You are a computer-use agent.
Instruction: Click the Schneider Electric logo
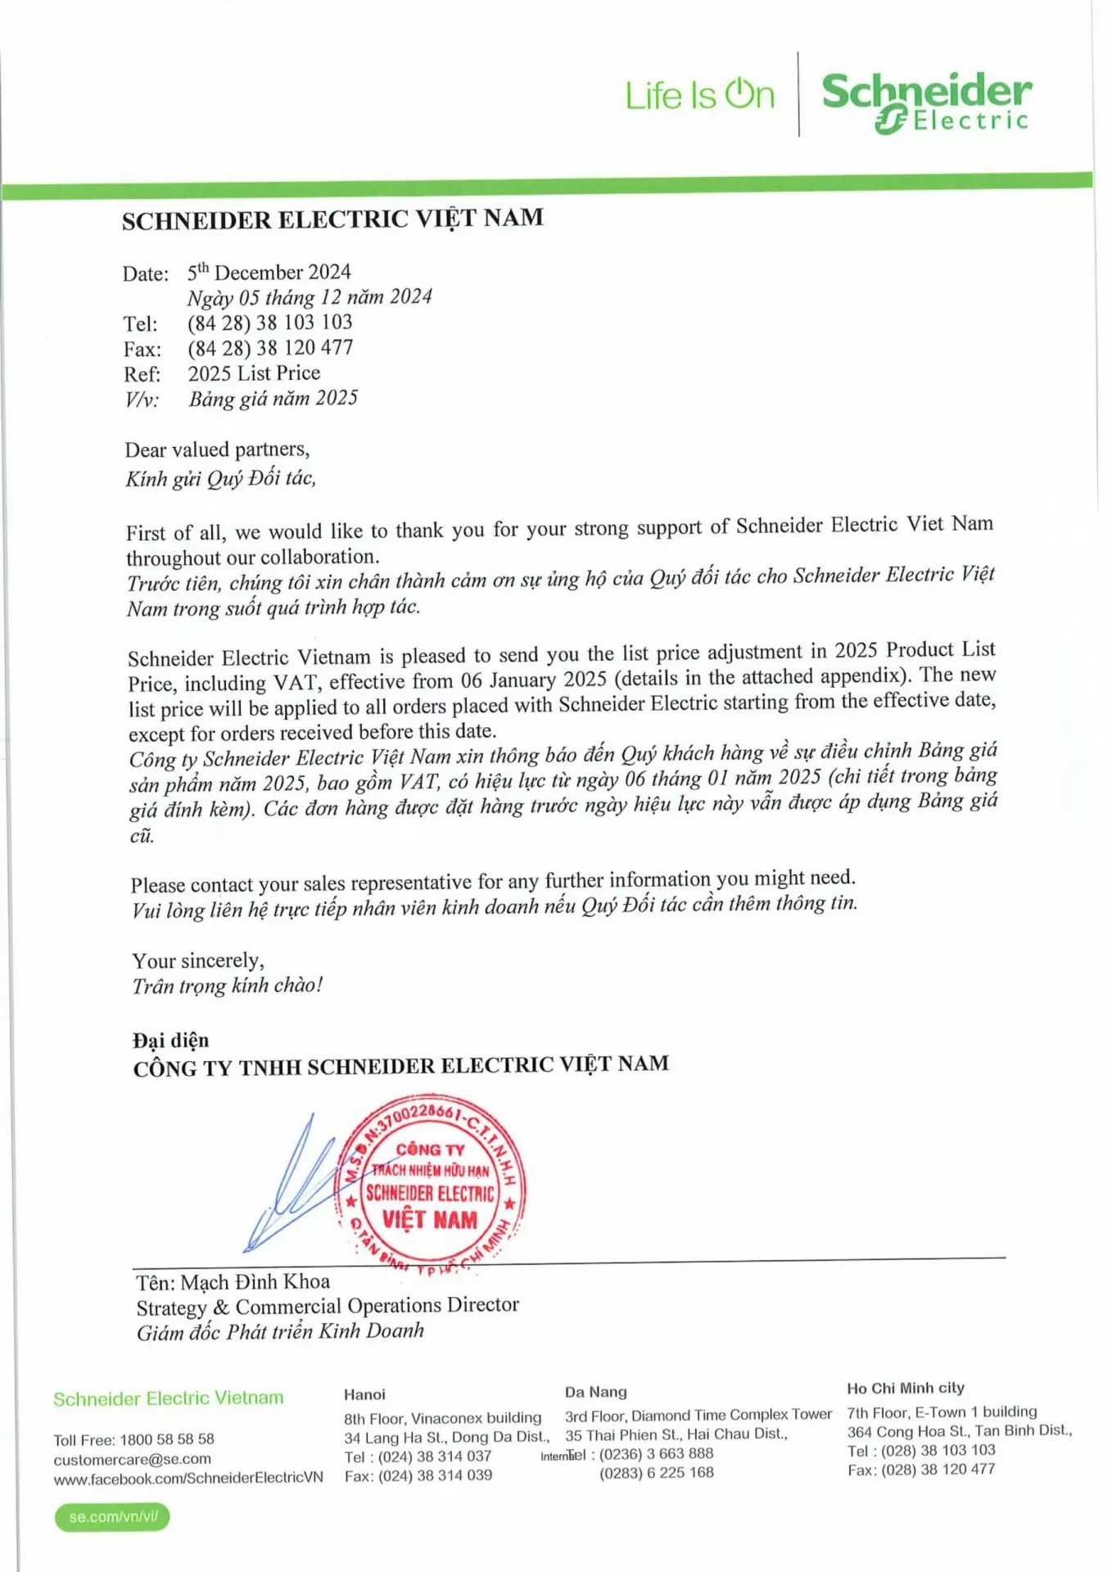tap(926, 102)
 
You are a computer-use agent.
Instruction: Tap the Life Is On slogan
tap(699, 95)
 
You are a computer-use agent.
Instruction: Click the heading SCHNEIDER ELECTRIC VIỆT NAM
tap(332, 219)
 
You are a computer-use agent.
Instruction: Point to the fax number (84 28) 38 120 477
tap(270, 348)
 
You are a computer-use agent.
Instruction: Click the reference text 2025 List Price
tap(254, 373)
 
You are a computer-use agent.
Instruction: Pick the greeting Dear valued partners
tap(217, 449)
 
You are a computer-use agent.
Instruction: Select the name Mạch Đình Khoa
tap(255, 1282)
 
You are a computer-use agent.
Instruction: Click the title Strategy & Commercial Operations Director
tap(328, 1306)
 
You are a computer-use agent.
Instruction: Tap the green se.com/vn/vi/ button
tap(113, 1517)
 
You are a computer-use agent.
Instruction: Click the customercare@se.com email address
tap(133, 1459)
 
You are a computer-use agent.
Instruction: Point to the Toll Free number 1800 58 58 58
tap(167, 1439)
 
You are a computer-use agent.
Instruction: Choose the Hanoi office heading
tap(364, 1394)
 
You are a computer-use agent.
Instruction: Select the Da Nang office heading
tap(595, 1392)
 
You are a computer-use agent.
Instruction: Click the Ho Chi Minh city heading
tap(906, 1388)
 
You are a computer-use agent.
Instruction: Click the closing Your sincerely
tap(198, 960)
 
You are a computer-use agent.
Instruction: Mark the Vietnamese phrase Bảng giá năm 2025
tap(273, 399)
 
